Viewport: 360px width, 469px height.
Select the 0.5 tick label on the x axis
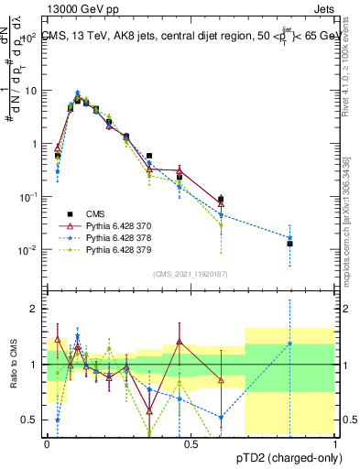click(191, 443)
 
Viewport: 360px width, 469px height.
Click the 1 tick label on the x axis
click(336, 443)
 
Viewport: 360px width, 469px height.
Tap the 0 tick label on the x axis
click(47, 443)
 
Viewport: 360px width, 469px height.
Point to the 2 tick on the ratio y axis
click(37, 309)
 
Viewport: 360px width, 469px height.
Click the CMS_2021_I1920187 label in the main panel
click(191, 273)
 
